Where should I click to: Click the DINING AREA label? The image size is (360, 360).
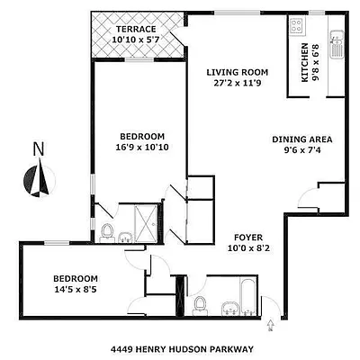pyautogui.click(x=302, y=139)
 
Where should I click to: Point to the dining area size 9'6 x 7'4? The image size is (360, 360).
pyautogui.click(x=302, y=151)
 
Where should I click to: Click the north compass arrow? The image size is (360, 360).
pyautogui.click(x=40, y=179)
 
